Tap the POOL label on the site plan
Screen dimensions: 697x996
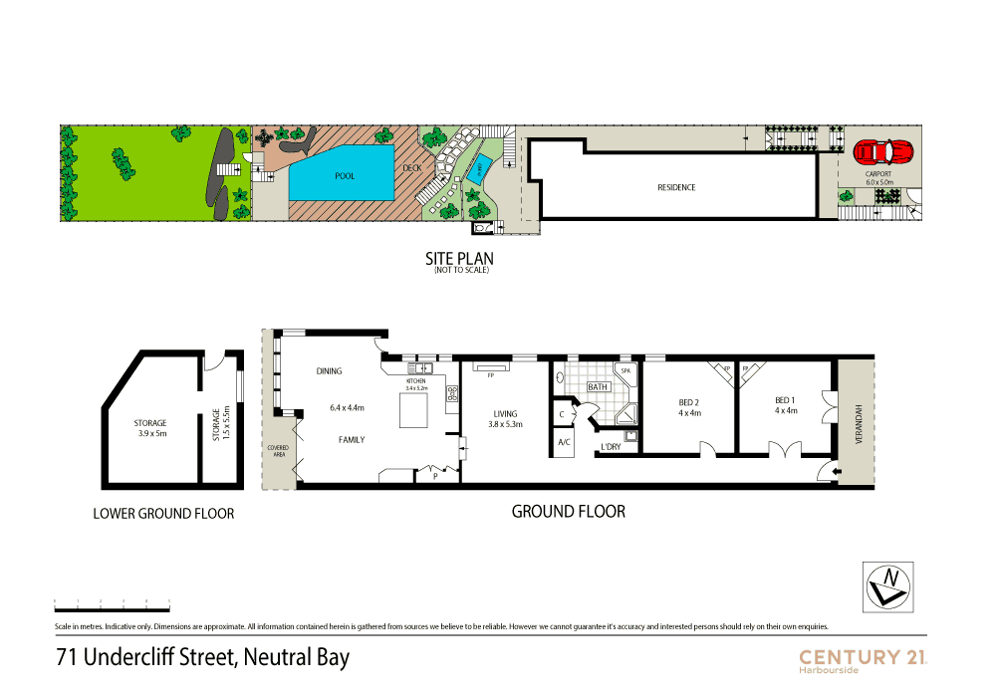coord(345,176)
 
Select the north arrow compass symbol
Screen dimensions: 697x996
coord(886,585)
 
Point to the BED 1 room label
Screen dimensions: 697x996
coord(786,400)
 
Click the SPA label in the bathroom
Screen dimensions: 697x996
coord(625,370)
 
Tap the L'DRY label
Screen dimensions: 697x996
coord(608,447)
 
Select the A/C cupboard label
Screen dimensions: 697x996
coord(564,442)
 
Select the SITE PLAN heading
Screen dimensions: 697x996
coord(459,258)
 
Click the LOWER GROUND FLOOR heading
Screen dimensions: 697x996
coord(163,514)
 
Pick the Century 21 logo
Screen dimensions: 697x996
coord(864,658)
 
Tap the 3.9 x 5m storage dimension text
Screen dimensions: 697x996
coord(150,433)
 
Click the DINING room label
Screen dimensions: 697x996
coord(329,371)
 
